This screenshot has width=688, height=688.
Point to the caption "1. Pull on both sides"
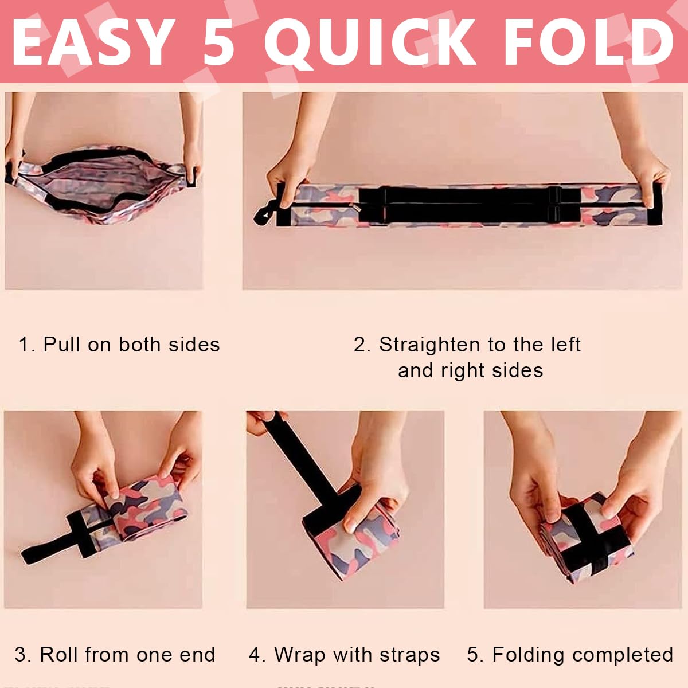coord(119,345)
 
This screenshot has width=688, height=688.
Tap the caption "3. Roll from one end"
coord(115,655)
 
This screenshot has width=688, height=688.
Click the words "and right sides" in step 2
coord(471,370)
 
